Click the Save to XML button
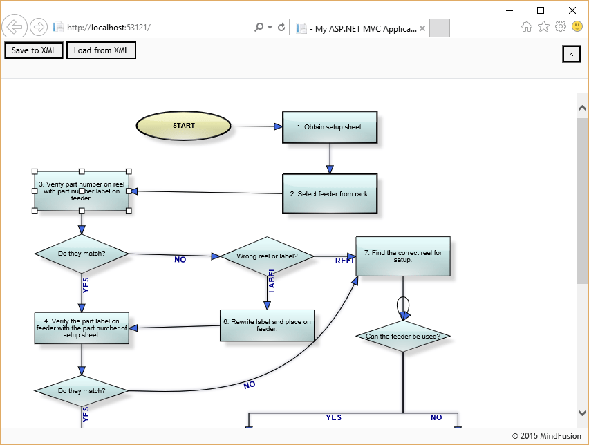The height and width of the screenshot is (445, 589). (34, 50)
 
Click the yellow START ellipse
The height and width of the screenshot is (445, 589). (183, 126)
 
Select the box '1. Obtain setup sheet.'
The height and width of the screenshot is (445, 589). (330, 127)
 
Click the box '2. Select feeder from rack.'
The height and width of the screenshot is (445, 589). (330, 193)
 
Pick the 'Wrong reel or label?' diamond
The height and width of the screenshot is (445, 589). (267, 256)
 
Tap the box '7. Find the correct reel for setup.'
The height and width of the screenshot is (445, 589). (403, 256)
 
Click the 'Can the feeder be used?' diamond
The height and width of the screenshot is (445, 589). (403, 337)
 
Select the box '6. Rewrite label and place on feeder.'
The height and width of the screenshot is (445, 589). (267, 325)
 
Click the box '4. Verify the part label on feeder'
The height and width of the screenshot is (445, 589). (82, 328)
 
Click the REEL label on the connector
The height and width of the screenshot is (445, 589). (345, 261)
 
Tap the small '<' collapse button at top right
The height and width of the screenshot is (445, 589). (571, 53)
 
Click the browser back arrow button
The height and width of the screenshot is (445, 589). (15, 27)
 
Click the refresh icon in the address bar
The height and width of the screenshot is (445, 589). (281, 28)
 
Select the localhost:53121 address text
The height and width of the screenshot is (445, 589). (109, 28)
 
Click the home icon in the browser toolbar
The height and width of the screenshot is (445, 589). (527, 27)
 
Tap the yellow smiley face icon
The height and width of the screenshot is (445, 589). (577, 26)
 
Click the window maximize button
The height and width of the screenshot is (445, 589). (541, 10)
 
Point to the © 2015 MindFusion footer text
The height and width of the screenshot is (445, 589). (546, 436)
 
